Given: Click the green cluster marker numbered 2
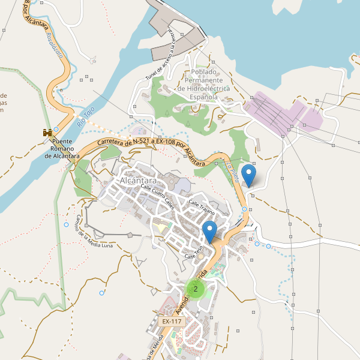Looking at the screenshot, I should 196,289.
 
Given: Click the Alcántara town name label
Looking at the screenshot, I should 138,181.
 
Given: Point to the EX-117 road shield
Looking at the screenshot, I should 172,322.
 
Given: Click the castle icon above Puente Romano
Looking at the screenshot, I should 46,132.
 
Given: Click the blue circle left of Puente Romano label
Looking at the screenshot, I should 56,129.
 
